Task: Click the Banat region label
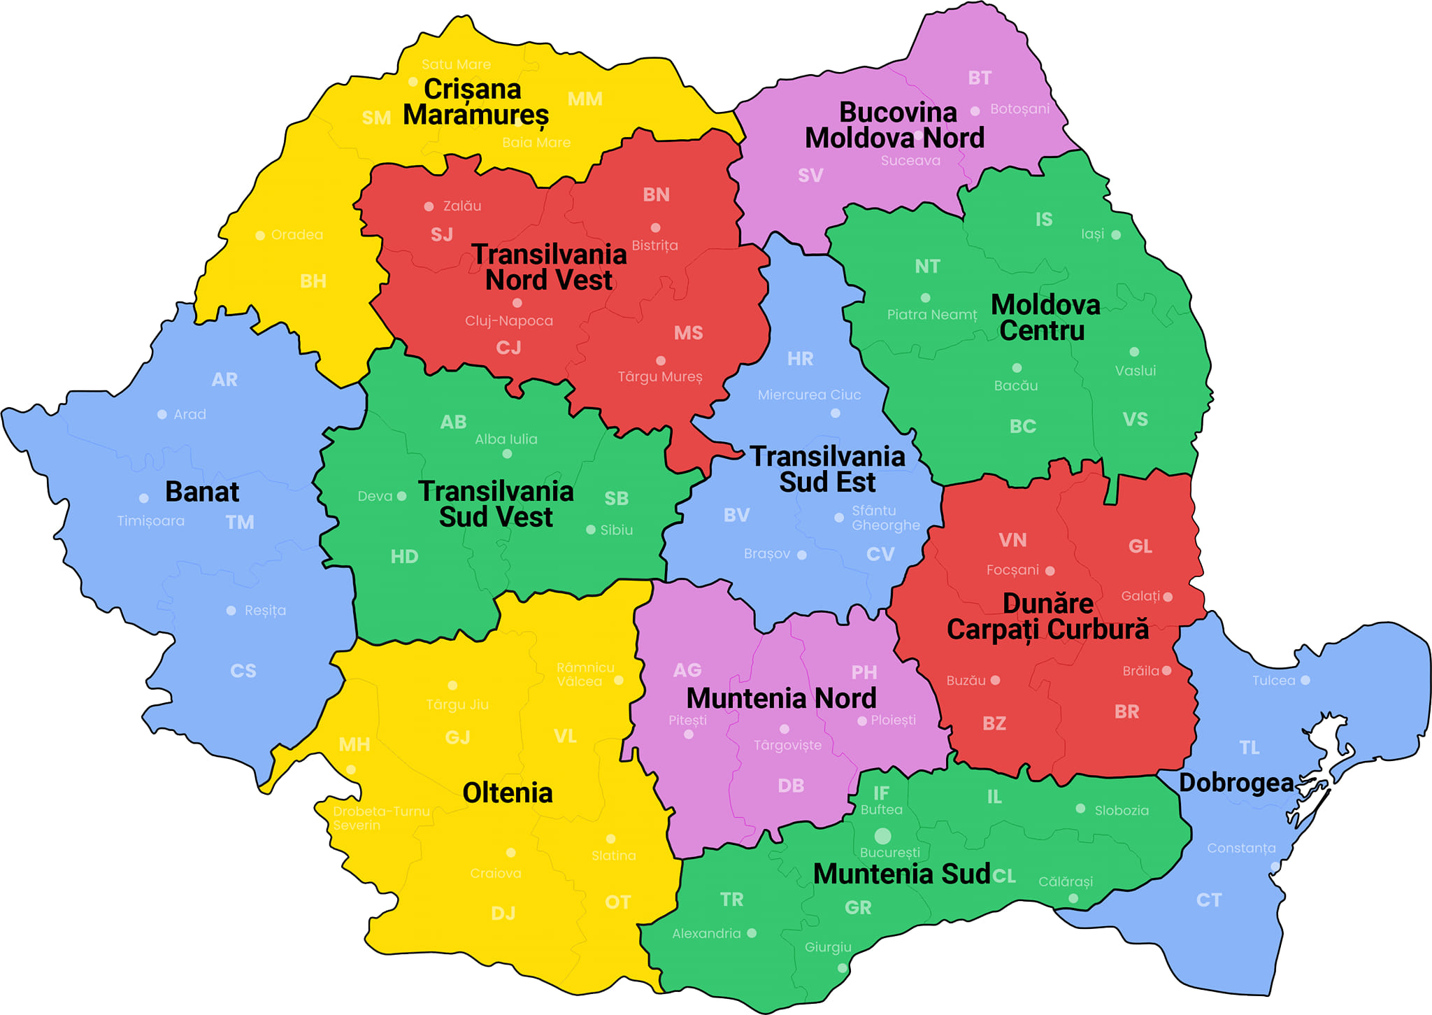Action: click(x=201, y=492)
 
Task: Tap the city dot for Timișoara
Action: click(x=144, y=498)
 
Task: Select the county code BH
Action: click(x=313, y=281)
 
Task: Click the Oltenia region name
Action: click(x=508, y=793)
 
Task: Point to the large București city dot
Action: click(x=882, y=836)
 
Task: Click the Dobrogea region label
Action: click(x=1236, y=783)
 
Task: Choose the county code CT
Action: click(x=1209, y=900)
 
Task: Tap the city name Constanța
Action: click(x=1241, y=848)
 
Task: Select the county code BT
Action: click(x=980, y=78)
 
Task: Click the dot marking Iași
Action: click(x=1116, y=235)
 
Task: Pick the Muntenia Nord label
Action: click(x=781, y=698)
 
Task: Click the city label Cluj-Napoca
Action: click(x=509, y=320)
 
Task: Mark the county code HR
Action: click(x=800, y=359)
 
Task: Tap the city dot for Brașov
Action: click(x=802, y=555)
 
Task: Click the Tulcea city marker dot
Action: click(x=1305, y=680)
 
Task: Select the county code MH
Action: click(x=355, y=744)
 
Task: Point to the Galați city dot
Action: click(x=1168, y=597)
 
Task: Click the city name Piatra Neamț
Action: click(x=932, y=315)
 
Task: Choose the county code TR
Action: click(x=732, y=900)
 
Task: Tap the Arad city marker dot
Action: click(x=162, y=414)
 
